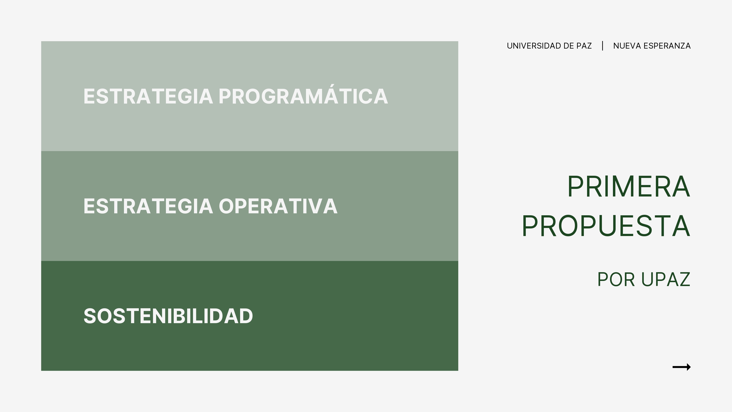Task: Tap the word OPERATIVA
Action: pos(278,206)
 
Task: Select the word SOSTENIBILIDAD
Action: pos(168,316)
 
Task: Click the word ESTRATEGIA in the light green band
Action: pos(148,96)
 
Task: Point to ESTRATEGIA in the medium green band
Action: pos(148,206)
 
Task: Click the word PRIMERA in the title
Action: pos(629,187)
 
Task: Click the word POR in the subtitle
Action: pos(616,279)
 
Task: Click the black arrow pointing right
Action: pos(681,367)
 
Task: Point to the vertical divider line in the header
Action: pos(602,46)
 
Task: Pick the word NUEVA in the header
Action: pos(627,46)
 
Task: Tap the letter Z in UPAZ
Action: pos(684,279)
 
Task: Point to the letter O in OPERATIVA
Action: pos(226,206)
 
